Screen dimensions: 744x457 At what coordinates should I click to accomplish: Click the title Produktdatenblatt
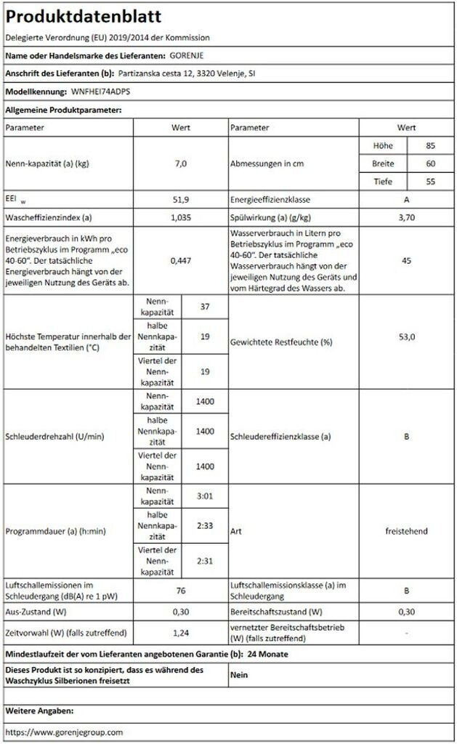click(84, 17)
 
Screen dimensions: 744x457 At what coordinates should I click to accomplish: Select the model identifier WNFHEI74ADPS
click(102, 92)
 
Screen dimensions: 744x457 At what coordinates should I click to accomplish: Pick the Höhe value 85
click(431, 145)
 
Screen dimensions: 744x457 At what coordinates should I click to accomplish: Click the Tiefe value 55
click(431, 182)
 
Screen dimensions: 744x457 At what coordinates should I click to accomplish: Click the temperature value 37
click(204, 307)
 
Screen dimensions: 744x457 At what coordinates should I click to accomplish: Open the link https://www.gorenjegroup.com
click(64, 732)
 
